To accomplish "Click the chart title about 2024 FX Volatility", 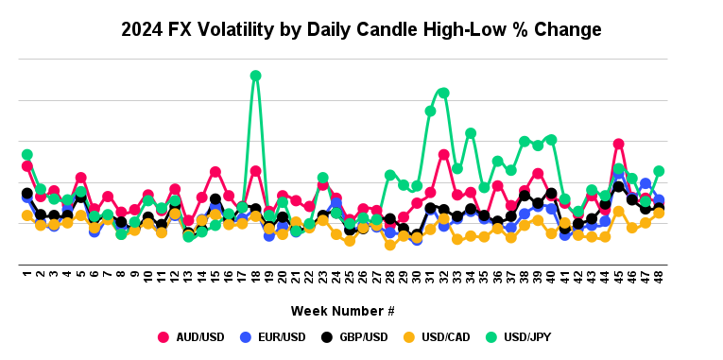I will [360, 29].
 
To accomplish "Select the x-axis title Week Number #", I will [342, 311].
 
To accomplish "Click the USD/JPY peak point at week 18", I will [255, 76].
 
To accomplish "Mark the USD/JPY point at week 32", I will [443, 93].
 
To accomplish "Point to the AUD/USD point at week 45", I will [618, 144].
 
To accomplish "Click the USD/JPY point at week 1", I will [27, 154].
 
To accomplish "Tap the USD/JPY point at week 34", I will [471, 133].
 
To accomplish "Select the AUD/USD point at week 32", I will [443, 154].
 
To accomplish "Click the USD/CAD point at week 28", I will [389, 245].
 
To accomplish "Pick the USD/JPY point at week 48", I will [659, 171].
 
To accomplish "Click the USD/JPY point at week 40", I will [551, 140].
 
